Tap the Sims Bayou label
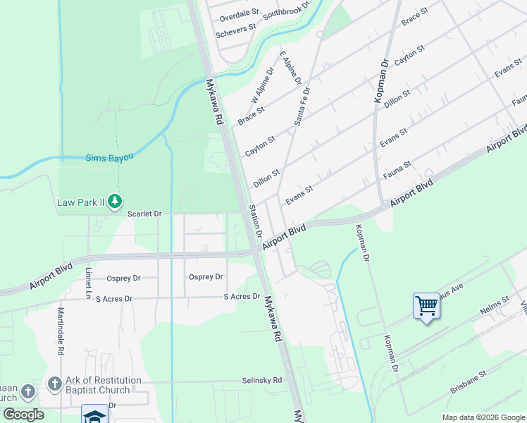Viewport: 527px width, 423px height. (109, 158)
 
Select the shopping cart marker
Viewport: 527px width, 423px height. (426, 307)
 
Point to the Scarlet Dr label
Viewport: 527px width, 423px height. (144, 213)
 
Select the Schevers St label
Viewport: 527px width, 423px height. (236, 30)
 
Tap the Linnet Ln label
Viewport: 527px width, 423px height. (89, 281)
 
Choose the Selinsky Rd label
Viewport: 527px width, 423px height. (262, 380)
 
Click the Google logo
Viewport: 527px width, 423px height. (23, 415)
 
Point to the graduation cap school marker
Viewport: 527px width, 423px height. (94, 415)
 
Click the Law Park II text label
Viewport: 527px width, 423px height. (80, 203)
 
